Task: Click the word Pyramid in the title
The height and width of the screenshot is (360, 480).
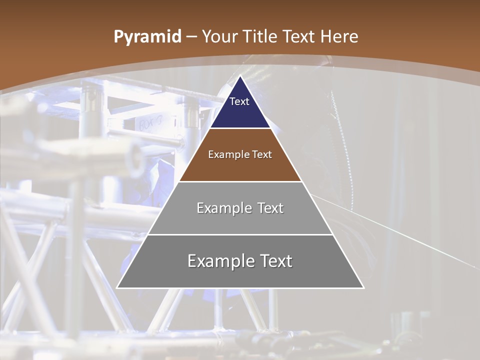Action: pos(147,37)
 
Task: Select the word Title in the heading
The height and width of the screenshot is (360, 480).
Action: pos(260,37)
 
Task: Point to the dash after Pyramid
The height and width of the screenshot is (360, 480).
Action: pos(191,37)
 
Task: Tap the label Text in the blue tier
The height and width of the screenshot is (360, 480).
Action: pos(239,101)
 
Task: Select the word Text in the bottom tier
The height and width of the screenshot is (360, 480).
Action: pos(274,261)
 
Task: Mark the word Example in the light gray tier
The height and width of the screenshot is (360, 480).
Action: pos(223,208)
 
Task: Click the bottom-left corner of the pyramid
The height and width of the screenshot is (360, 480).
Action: pos(117,287)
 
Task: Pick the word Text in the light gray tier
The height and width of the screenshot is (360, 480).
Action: pos(270,208)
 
